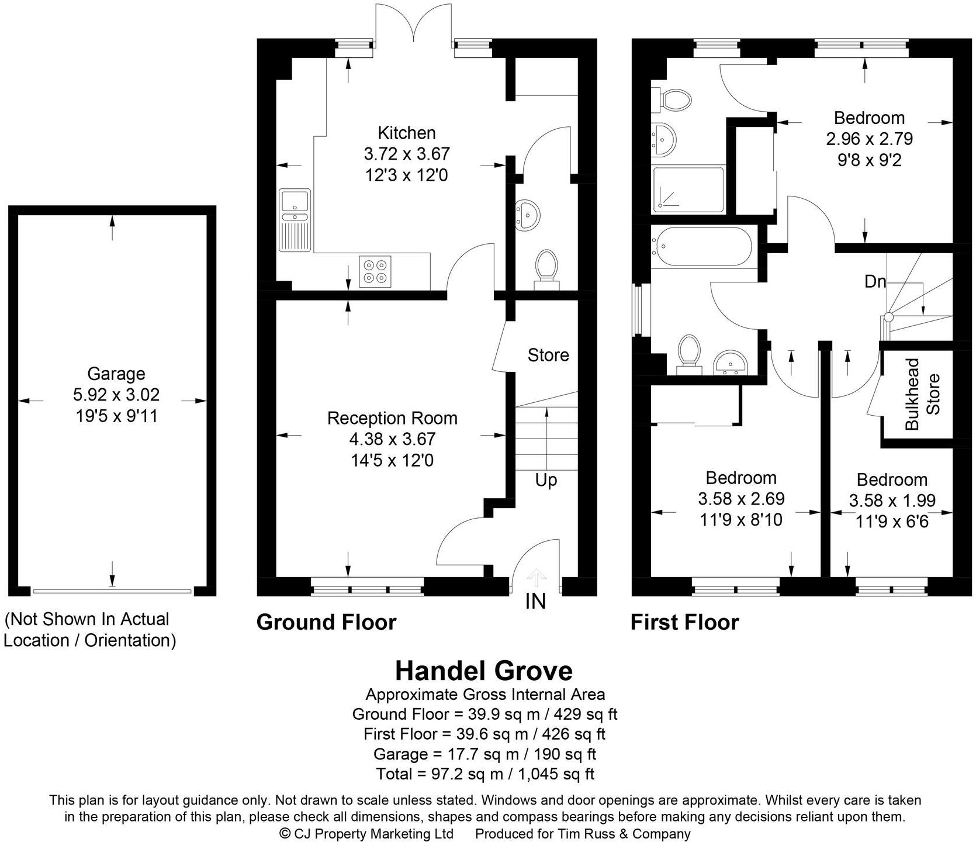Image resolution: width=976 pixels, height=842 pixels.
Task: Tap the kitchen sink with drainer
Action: (295, 220)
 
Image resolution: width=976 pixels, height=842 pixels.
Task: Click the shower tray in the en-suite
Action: (688, 189)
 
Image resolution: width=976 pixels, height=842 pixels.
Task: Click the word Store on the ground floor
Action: (548, 355)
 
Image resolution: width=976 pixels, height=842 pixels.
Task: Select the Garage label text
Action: (116, 374)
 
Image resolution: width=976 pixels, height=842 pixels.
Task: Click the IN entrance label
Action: (535, 601)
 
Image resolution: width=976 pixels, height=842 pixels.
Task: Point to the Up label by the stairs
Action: (546, 481)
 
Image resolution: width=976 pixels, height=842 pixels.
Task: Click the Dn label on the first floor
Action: (875, 282)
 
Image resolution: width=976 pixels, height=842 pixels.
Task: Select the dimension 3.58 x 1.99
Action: (892, 501)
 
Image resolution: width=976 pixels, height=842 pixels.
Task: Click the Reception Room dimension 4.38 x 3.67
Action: (392, 439)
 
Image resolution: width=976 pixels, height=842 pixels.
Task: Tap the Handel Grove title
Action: (484, 671)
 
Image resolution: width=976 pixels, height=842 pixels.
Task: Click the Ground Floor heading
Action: (326, 622)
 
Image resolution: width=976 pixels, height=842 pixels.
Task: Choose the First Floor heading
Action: (684, 622)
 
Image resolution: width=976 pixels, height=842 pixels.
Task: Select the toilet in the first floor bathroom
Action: (688, 352)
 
